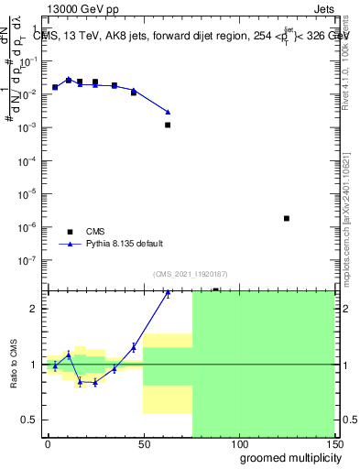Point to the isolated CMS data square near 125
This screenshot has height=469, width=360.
coord(287,218)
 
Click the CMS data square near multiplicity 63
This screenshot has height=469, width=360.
coord(168,125)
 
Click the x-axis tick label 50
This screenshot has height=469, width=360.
coord(143,443)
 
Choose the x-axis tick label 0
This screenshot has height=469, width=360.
coord(48,443)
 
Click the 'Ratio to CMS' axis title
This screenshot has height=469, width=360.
coord(13,365)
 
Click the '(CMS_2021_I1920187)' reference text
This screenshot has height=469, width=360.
coord(190,273)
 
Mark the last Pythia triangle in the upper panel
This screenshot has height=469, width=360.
coord(168,113)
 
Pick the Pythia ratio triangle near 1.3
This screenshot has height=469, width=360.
coord(134,347)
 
